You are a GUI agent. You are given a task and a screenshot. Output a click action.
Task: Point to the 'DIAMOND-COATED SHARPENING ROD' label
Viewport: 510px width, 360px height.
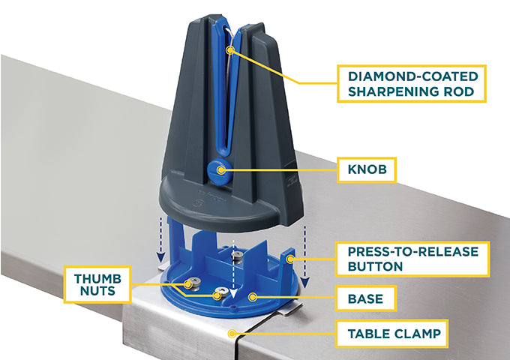coord(409,84)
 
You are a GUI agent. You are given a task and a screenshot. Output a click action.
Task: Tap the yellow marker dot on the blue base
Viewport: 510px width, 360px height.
coord(252,298)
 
